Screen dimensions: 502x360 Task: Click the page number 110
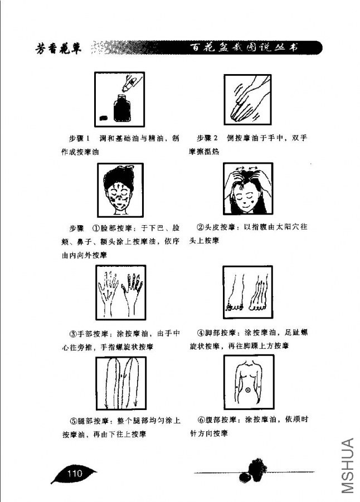coord(75,474)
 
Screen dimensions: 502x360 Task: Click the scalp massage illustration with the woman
coord(247,189)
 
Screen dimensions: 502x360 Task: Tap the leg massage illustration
coord(121,382)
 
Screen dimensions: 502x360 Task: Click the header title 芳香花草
coord(57,50)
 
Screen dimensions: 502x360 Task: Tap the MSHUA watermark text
coord(347,466)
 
